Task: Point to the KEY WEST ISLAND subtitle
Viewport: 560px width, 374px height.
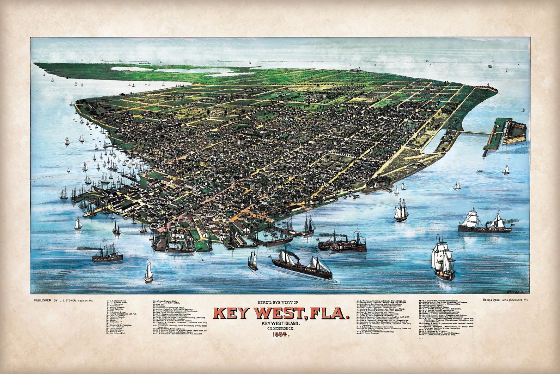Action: (x=281, y=323)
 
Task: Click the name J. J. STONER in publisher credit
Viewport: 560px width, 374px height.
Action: (x=67, y=300)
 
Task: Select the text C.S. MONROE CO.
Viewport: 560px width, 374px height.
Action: (x=281, y=329)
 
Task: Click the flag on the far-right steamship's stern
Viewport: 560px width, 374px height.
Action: (x=512, y=224)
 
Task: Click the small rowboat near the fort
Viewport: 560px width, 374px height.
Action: (x=480, y=171)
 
